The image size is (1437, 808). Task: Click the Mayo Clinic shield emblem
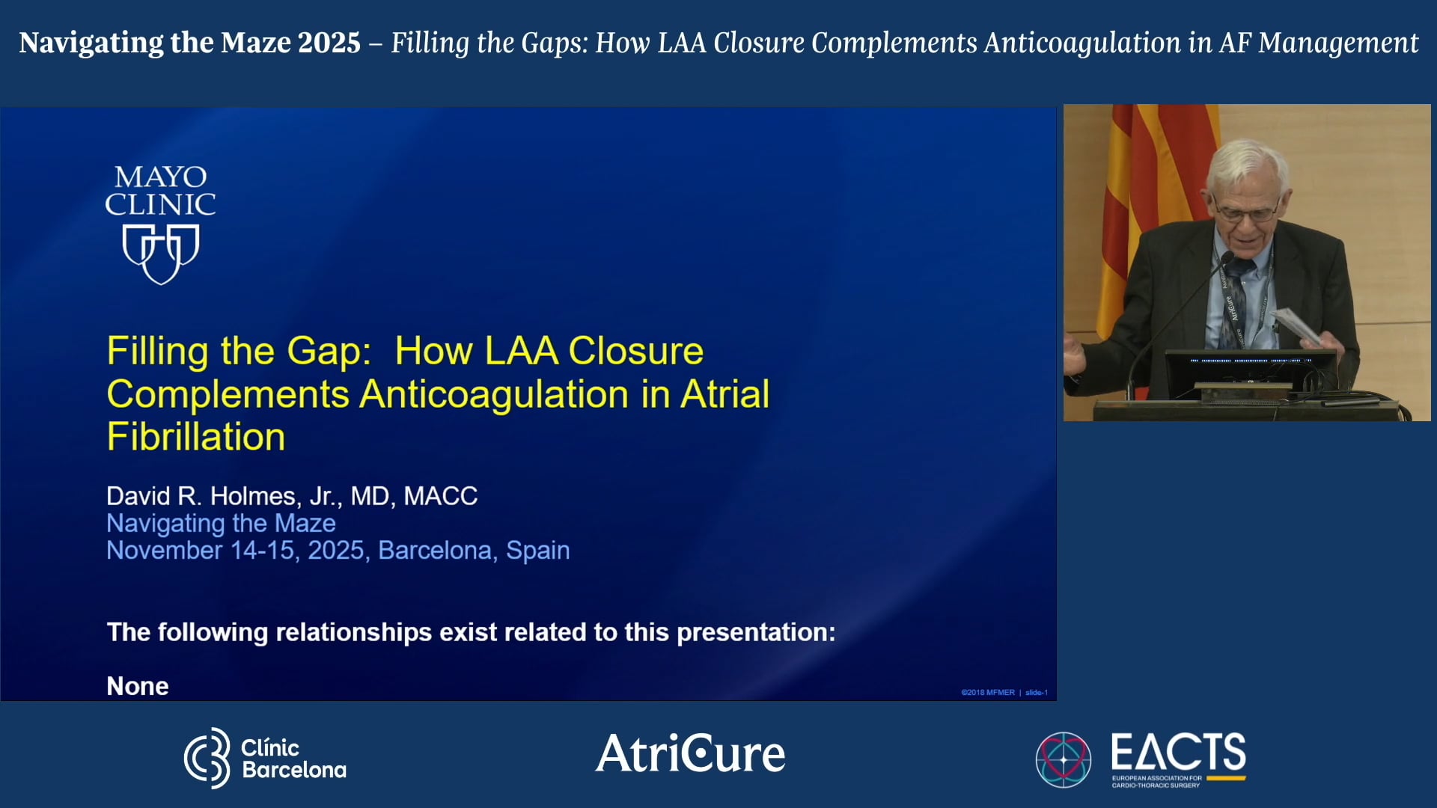(160, 254)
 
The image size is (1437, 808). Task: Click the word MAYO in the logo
(160, 177)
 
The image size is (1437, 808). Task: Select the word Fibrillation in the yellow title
(196, 437)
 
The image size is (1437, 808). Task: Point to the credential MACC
(440, 496)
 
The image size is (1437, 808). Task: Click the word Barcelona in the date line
(435, 551)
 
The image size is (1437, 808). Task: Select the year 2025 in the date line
(335, 551)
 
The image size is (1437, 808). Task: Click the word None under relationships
(138, 686)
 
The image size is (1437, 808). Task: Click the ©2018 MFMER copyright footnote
(987, 693)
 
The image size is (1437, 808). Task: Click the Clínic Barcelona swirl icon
(207, 758)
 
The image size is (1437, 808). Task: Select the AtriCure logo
(690, 753)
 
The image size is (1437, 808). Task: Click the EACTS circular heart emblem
(1063, 759)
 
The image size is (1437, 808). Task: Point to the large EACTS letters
(1178, 752)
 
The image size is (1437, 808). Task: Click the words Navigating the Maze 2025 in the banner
(189, 43)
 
